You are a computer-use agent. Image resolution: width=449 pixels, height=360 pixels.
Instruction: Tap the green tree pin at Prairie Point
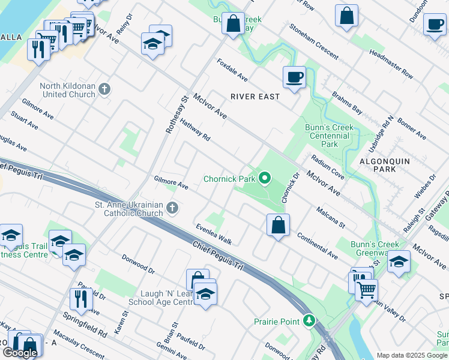(x=309, y=321)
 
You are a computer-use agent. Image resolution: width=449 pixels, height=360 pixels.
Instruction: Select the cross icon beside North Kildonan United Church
(x=104, y=90)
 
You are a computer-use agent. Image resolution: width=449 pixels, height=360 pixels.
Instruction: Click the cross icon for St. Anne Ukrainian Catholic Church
(x=172, y=208)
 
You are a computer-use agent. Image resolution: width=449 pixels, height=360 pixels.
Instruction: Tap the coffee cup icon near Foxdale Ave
(x=294, y=77)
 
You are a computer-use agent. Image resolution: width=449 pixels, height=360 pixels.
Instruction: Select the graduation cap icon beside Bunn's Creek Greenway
(x=399, y=262)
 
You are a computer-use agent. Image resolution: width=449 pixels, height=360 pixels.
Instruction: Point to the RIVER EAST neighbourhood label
(x=255, y=97)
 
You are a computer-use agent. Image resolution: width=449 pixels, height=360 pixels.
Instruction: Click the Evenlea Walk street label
(x=214, y=234)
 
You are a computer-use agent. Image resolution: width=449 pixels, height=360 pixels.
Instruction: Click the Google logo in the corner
(x=20, y=352)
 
